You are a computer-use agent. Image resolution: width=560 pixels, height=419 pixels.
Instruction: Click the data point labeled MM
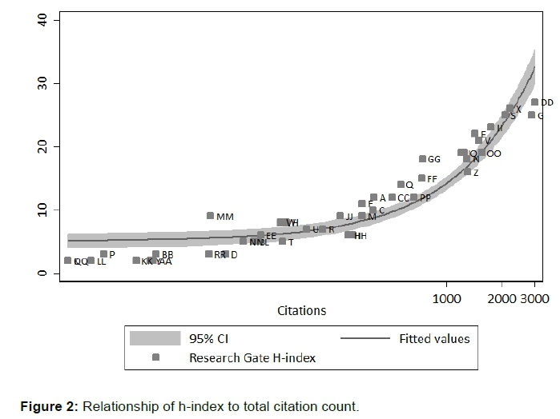pos(211,216)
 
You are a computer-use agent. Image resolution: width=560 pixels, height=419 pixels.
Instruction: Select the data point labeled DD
pos(535,102)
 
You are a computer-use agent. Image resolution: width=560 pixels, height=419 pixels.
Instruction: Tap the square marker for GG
pos(422,159)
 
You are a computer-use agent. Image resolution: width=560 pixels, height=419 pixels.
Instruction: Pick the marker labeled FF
pos(421,178)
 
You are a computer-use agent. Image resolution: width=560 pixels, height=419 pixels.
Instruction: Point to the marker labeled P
pos(103,254)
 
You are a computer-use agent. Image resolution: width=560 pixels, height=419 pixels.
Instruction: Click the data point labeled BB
pos(156,254)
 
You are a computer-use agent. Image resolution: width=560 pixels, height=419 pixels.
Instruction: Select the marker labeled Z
pos(467,172)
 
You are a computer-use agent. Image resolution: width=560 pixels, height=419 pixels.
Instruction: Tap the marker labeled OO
pos(481,153)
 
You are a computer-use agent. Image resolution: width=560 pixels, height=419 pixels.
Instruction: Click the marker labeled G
pos(531,115)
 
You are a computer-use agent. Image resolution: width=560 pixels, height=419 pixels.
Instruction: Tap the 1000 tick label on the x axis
pos(446,298)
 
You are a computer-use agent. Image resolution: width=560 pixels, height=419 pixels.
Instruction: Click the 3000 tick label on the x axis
pos(535,298)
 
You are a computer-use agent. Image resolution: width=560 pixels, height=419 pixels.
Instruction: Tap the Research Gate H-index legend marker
pos(155,357)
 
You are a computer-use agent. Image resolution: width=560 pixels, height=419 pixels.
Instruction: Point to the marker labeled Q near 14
pos(401,185)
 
